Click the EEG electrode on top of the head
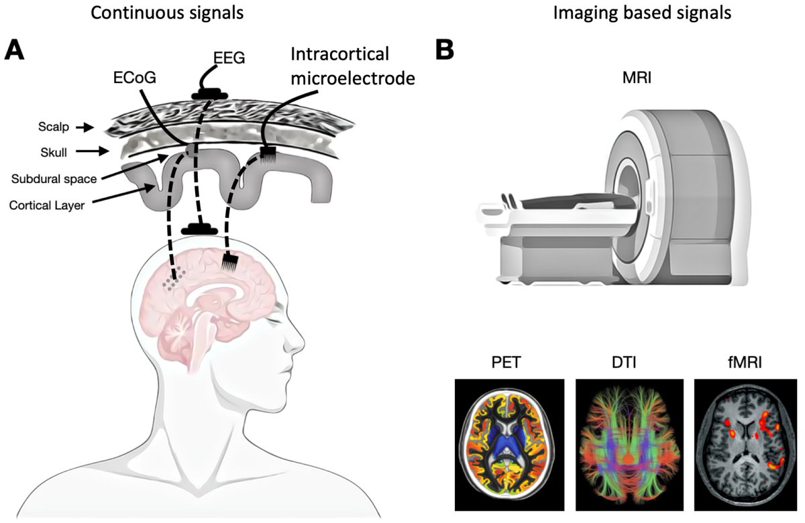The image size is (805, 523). click(x=199, y=229)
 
